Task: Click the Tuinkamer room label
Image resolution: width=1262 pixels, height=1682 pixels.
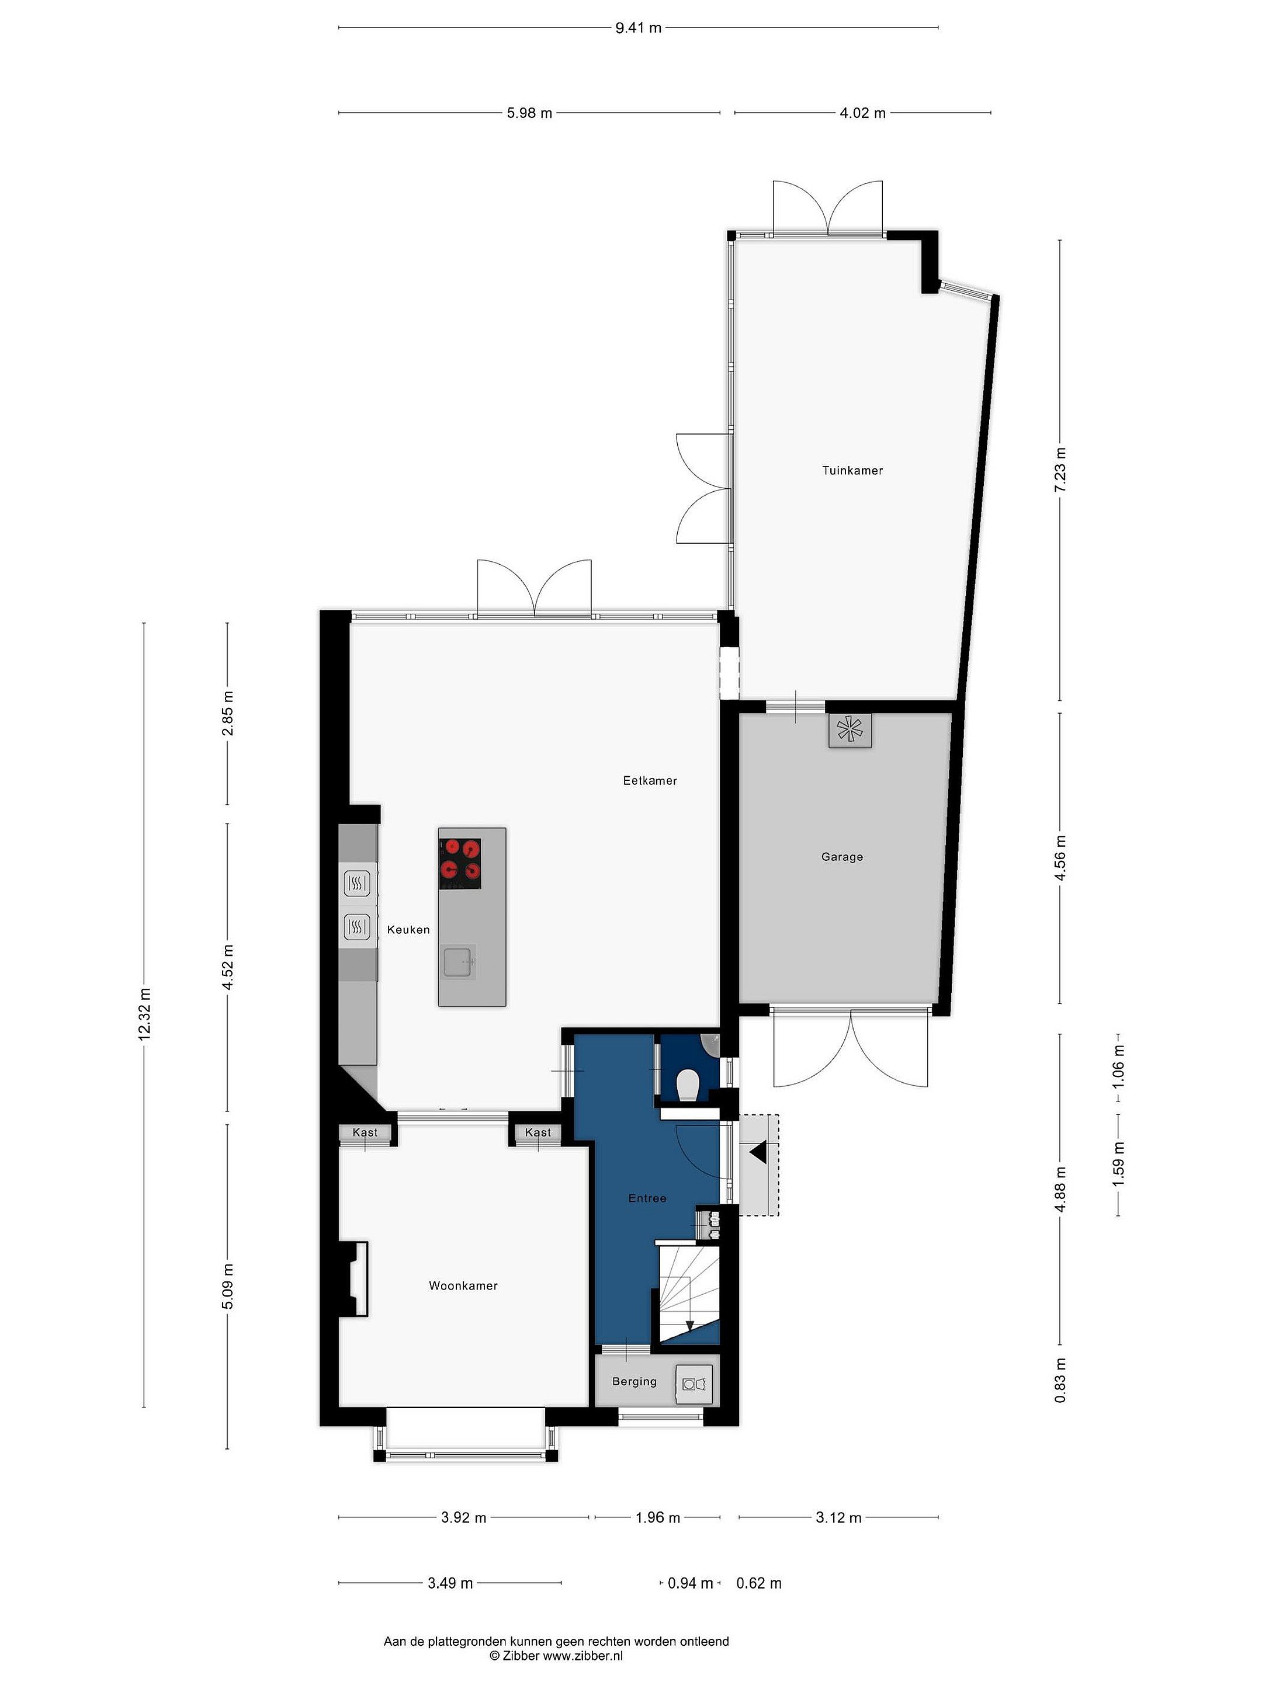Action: coord(852,471)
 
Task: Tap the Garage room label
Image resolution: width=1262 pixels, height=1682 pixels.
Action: coord(842,857)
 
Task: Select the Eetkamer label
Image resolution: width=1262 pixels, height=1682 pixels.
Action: coord(650,780)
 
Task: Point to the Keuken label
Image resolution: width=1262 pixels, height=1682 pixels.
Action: coord(408,929)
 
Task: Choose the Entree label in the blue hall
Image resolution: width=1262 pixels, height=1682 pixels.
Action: coord(647,1198)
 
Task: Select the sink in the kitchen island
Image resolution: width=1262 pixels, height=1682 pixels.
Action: coord(459,964)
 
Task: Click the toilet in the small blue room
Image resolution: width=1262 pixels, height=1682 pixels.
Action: coord(687,1085)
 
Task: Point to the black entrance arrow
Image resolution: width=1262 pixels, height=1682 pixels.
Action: coord(758,1153)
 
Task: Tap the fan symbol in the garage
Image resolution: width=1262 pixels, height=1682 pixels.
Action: coord(850,731)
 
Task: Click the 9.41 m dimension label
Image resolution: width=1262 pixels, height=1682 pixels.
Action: coord(638,28)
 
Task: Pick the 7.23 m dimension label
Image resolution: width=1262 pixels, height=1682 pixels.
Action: coord(1060,469)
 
